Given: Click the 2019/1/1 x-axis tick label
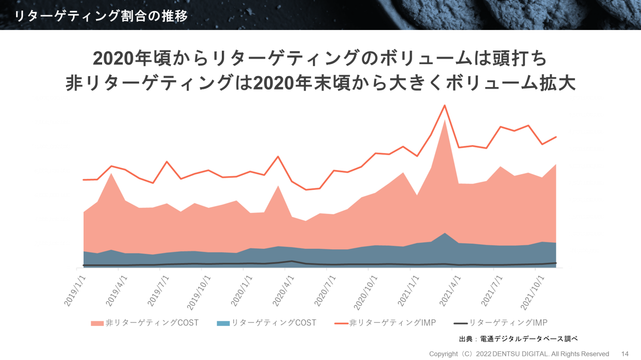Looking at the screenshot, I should pos(74,290).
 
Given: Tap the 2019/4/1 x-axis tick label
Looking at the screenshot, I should pos(116,290).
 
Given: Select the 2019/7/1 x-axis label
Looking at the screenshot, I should pos(158,290).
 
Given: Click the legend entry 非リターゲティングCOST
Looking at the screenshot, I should pos(145,323).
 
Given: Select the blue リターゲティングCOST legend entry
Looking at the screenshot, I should pos(266,323).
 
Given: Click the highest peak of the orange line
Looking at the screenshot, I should pos(444,105).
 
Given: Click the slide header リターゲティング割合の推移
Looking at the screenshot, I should pos(101,16).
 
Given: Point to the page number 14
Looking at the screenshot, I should pos(624,353).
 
